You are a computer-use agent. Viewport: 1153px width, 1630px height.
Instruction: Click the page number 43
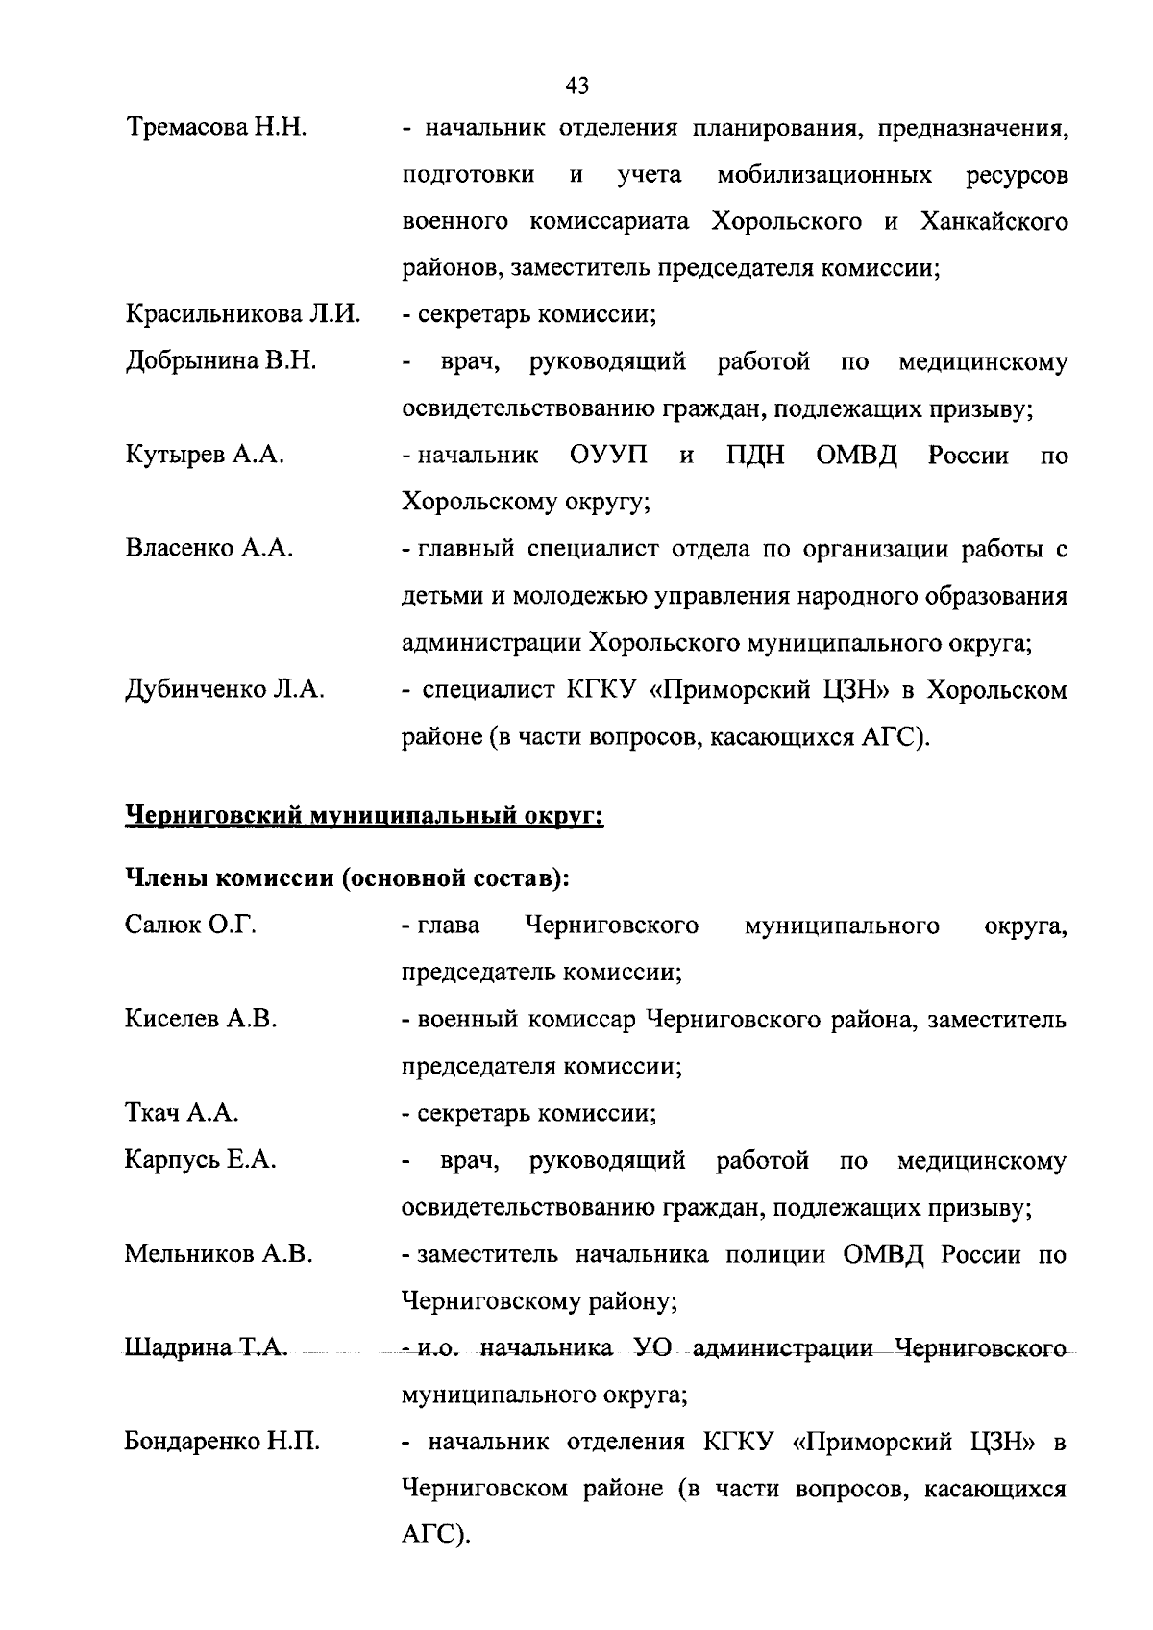tap(576, 86)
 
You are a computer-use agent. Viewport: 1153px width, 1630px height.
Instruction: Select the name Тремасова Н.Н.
tap(216, 128)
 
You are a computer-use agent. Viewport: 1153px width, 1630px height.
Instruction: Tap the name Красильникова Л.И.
tap(242, 314)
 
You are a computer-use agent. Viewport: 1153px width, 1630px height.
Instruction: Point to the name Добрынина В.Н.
tap(221, 361)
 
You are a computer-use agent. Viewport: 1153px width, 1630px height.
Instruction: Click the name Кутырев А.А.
tap(205, 455)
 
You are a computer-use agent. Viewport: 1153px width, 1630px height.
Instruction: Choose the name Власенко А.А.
tap(209, 549)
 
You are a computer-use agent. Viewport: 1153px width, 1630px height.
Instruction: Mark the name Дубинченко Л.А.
tap(225, 690)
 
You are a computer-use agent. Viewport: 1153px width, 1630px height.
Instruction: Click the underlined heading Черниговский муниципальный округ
tap(364, 817)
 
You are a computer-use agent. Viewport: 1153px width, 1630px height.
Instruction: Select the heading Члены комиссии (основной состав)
tap(348, 878)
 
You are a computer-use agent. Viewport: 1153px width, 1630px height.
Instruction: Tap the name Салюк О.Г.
tap(190, 926)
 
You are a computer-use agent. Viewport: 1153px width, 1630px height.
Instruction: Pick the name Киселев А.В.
tap(201, 1019)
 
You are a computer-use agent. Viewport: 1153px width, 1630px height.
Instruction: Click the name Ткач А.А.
tap(182, 1113)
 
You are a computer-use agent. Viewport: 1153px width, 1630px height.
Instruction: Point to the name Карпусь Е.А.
tap(201, 1160)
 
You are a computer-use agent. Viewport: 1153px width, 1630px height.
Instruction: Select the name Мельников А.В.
tap(218, 1254)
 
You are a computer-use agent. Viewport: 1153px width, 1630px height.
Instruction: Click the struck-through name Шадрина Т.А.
tap(206, 1348)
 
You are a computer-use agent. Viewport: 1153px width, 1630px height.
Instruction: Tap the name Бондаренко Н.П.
tap(222, 1442)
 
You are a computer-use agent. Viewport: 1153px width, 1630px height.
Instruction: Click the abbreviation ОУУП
tap(609, 455)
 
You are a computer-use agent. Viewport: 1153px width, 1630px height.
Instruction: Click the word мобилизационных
tap(823, 175)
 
